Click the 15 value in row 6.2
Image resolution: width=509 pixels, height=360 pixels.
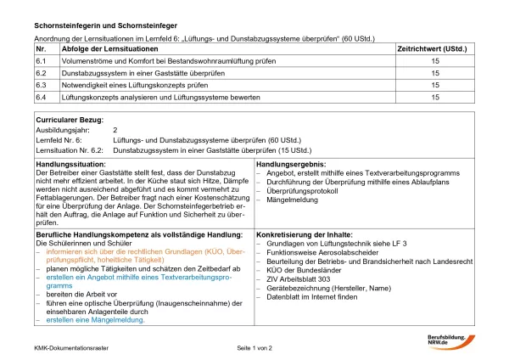coord(435,74)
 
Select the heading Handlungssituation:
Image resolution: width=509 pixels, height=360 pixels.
coord(70,162)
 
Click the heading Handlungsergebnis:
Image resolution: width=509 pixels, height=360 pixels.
coord(292,162)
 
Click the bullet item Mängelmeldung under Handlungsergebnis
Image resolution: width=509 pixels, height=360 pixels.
coord(293,200)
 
